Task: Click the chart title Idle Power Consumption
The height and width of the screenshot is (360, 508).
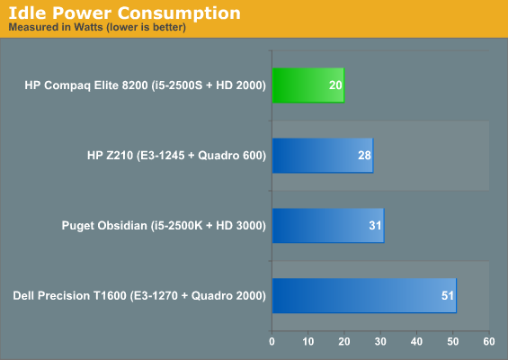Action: click(125, 13)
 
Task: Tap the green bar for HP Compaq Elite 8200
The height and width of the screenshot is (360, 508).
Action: click(308, 85)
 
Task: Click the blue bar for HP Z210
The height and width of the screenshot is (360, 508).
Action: click(323, 156)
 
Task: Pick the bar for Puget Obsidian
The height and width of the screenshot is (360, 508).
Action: click(328, 226)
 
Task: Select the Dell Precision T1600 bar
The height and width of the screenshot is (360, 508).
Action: click(364, 296)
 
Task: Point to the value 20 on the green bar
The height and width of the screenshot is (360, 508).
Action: click(335, 85)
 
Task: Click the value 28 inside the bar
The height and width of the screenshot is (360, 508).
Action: click(364, 156)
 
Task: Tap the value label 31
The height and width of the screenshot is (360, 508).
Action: click(375, 226)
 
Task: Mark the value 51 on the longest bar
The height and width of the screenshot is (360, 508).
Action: click(448, 296)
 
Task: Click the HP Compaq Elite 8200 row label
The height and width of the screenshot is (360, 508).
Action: click(145, 85)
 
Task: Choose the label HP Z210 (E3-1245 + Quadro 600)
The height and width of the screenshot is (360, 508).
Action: click(176, 156)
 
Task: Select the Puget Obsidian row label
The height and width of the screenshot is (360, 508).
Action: click(164, 226)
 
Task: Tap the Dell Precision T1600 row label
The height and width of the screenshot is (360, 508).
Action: click(139, 296)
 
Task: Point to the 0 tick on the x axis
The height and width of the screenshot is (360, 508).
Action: click(272, 341)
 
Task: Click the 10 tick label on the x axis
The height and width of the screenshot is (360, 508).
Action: click(308, 341)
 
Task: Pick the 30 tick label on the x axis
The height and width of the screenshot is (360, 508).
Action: click(380, 341)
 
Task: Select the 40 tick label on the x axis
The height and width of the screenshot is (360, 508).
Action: click(416, 341)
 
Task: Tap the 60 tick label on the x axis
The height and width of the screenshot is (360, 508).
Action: click(489, 341)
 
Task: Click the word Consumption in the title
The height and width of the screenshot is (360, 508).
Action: click(179, 13)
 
